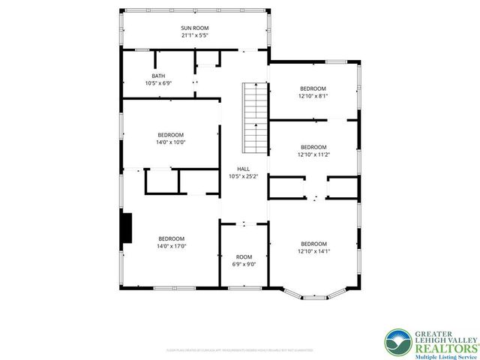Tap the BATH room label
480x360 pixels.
[x=158, y=76]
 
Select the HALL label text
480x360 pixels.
[x=244, y=169]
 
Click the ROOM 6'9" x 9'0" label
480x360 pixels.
[x=244, y=256]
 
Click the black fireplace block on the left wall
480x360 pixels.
[x=127, y=228]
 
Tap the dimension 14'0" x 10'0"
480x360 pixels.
[x=171, y=142]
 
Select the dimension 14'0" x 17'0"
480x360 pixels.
[x=171, y=245]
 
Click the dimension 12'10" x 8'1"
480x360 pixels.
[x=313, y=95]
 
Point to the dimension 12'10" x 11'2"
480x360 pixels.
[x=313, y=154]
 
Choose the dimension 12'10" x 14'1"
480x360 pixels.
[x=313, y=251]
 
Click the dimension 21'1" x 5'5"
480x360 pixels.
[x=194, y=34]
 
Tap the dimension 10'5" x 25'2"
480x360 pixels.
[x=244, y=176]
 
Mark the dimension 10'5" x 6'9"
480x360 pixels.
[x=158, y=83]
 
